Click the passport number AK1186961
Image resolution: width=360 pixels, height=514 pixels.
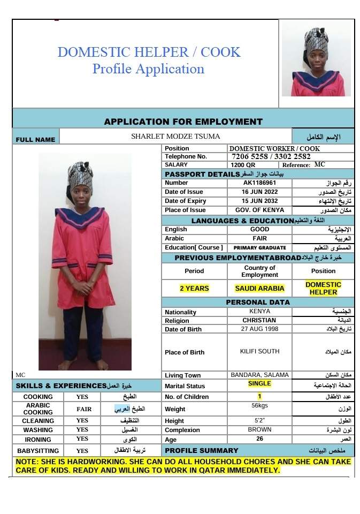coord(259,183)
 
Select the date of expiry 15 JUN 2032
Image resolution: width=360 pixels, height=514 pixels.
coord(259,201)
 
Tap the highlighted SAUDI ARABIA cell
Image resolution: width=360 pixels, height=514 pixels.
coord(259,288)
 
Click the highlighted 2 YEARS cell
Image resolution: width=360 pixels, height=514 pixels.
coord(194,288)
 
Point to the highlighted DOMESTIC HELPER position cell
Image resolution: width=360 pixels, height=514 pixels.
coord(323,288)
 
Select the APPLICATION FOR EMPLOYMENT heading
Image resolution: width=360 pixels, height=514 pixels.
coord(183,122)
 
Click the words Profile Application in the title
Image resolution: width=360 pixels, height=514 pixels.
coord(148,69)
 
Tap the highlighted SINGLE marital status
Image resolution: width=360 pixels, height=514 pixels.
coord(259,384)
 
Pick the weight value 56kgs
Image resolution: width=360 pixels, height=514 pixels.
coord(259,406)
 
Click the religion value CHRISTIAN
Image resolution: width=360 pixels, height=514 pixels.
coord(259,320)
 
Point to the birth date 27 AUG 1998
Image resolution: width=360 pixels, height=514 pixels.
coord(259,329)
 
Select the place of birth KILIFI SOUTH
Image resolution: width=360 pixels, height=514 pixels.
coord(259,352)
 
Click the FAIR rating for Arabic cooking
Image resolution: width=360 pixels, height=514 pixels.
coord(83,409)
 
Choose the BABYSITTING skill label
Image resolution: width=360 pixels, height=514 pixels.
coord(38,451)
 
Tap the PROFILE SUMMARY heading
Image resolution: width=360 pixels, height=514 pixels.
coord(202,450)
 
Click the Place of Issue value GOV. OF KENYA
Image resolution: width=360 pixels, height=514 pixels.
coord(259,210)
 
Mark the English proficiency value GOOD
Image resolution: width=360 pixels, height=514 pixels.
coord(259,229)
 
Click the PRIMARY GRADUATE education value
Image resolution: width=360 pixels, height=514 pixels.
coord(259,248)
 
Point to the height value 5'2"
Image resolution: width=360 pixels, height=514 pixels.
coord(259,421)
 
